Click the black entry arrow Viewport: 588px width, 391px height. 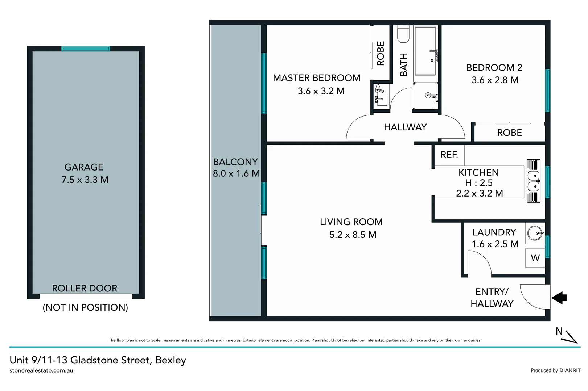coord(559,298)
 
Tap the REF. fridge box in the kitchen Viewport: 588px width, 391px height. coord(449,155)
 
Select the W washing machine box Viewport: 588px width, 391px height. coord(535,258)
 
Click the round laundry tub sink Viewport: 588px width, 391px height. coord(535,233)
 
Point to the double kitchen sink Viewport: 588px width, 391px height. coord(533,181)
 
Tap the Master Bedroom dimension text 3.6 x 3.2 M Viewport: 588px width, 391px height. coord(321,91)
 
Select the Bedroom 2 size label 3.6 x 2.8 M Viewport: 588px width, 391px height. coord(495,80)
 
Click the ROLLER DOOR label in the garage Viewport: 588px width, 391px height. coord(85,288)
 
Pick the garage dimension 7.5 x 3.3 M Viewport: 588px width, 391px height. coord(85,180)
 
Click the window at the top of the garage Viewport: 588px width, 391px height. coord(86,49)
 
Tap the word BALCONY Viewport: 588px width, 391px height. coord(235,162)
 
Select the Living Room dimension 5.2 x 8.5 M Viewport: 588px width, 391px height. coord(353,235)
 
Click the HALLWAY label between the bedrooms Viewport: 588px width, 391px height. coord(405,127)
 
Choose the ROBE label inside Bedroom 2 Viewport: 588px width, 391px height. coord(509,133)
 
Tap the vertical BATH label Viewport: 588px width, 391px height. coord(403,64)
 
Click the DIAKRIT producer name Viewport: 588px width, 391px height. coord(570,370)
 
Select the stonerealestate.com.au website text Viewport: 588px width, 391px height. coord(41,370)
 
